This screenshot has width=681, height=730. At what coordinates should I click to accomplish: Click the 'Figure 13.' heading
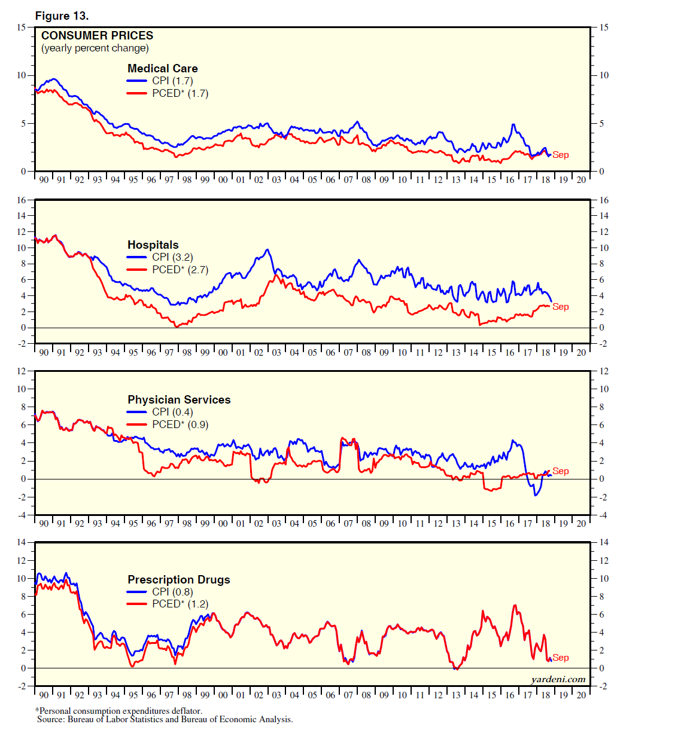(62, 16)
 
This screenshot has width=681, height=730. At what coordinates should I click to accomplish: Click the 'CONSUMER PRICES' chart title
(97, 36)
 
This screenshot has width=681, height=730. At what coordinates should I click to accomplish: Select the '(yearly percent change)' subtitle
(95, 48)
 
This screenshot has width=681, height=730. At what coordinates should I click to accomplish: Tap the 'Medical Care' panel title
(162, 68)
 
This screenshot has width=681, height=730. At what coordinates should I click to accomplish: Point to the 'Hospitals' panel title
(153, 245)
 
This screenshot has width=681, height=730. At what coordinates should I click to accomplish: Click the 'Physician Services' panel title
(179, 399)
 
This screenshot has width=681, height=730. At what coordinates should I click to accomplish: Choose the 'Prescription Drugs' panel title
(178, 579)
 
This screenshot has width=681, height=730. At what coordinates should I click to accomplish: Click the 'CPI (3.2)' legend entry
(172, 257)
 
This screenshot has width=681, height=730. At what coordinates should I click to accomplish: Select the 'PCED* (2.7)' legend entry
(180, 270)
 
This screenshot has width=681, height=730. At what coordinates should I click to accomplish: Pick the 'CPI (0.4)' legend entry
(172, 412)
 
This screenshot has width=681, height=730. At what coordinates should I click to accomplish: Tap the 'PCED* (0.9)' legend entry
(180, 424)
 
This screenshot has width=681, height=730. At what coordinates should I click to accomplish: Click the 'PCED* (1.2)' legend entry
(180, 604)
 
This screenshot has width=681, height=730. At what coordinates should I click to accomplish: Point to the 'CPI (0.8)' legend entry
(172, 592)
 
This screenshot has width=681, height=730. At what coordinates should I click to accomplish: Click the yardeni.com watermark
(558, 679)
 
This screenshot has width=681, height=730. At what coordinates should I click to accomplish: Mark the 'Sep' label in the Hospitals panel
(561, 307)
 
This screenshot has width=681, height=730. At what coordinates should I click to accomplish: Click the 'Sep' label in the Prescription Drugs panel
(561, 658)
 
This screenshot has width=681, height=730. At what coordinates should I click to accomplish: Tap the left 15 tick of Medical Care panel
(22, 28)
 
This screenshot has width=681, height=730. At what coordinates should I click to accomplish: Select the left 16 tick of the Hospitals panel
(22, 200)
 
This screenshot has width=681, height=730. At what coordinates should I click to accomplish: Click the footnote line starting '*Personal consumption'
(118, 711)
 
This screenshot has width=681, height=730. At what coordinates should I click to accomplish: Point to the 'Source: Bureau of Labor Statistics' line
(165, 719)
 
